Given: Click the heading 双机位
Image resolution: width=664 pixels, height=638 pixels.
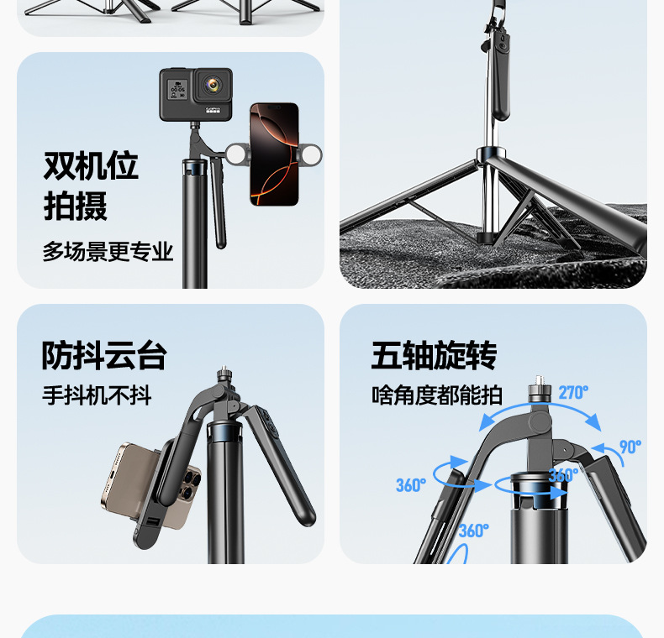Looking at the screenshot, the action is point(91,165).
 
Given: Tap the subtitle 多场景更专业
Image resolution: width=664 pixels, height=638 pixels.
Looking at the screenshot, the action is point(108,252).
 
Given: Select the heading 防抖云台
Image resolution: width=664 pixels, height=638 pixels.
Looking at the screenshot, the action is point(104,355).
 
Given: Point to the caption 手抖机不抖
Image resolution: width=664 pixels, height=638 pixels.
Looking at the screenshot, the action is point(97,395).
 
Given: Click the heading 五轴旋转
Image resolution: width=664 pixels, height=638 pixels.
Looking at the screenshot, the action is point(434,355).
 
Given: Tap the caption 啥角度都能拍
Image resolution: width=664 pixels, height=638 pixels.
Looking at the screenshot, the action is point(437,395).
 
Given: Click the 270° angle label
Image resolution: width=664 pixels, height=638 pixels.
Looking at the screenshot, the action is point(573,393).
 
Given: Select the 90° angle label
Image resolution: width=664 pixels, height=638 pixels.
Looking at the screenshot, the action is point(630,447).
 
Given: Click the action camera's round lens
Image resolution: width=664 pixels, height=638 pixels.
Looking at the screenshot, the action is point(213,85).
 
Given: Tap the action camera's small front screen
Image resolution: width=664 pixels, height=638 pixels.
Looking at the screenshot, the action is point(177,89).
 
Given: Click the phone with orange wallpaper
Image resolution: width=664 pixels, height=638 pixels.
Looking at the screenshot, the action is point(274,154).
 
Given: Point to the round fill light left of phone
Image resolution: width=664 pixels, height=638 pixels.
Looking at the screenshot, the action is point(237,154).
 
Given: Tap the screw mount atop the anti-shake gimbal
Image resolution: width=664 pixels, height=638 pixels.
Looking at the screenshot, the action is point(224,374).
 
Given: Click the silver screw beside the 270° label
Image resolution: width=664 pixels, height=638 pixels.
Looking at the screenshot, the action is point(539,388).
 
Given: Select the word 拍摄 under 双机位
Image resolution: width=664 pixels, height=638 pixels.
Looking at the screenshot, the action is point(76,206).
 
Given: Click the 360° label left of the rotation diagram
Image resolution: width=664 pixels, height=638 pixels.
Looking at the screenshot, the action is point(411,485).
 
